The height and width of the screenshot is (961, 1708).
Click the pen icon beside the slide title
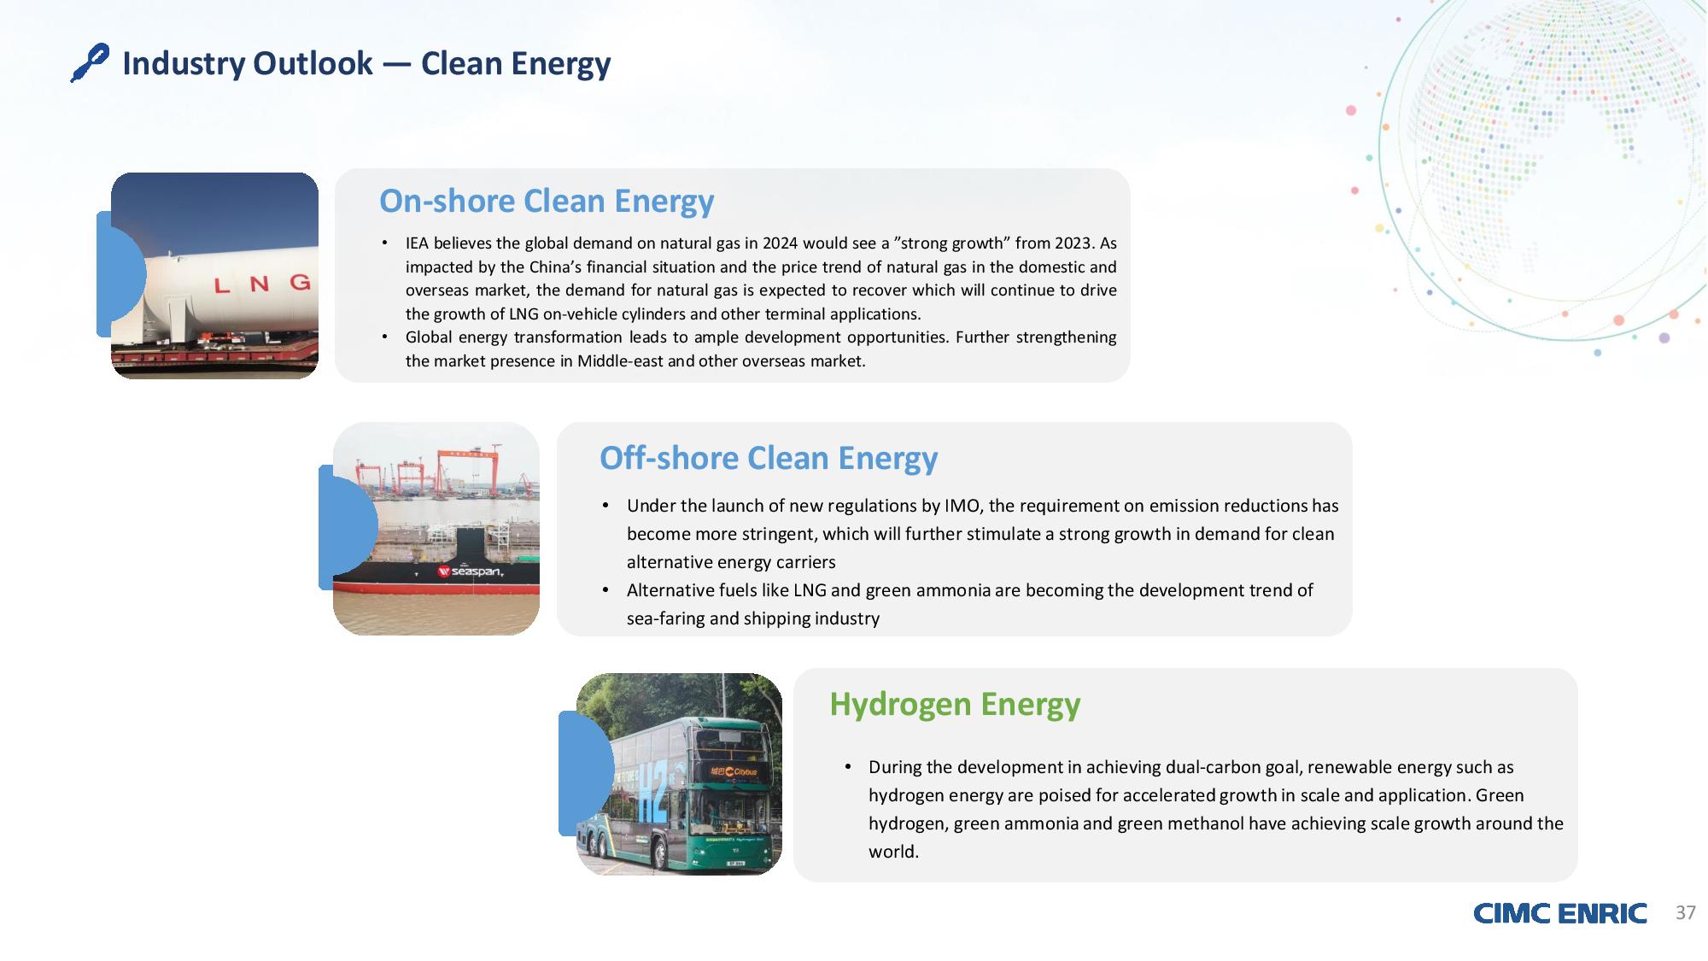click(90, 63)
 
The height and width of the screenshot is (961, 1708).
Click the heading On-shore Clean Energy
click(547, 201)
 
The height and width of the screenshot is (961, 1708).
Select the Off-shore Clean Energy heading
click(769, 458)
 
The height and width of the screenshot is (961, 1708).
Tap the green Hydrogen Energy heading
click(955, 705)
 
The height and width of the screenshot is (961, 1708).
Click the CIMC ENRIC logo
click(1559, 913)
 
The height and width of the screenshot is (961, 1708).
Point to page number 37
click(1685, 912)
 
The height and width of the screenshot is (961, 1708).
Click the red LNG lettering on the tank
click(261, 284)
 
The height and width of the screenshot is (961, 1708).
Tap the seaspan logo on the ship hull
click(470, 571)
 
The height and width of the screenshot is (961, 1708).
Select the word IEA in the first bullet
click(418, 243)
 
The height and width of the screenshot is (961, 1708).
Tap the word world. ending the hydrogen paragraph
click(893, 852)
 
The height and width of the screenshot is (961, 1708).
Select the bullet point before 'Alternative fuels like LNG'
click(605, 590)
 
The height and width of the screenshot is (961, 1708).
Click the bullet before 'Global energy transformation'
click(385, 337)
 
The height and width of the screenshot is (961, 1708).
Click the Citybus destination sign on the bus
click(733, 771)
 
